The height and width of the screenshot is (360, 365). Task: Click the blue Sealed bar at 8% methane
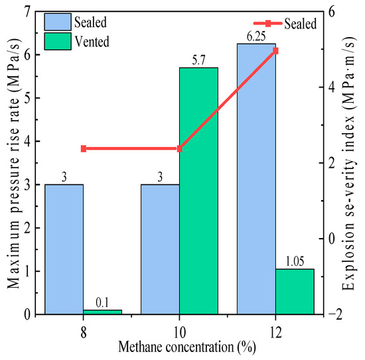pos(64,249)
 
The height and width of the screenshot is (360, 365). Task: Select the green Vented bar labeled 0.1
pos(102,312)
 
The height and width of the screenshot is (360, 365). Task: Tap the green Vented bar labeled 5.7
pos(198,191)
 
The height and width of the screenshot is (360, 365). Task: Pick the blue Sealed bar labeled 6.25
pos(256,179)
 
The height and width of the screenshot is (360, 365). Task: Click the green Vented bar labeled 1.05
pos(295,292)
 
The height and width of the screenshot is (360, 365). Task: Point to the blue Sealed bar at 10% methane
pos(160,249)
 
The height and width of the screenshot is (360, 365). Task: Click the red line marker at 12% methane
pos(275,50)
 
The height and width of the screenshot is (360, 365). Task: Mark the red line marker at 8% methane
pos(84,149)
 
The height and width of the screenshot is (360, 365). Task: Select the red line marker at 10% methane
pos(179,149)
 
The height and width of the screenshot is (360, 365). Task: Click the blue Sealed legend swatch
pos(58,22)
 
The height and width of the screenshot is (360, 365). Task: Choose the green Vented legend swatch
pos(58,41)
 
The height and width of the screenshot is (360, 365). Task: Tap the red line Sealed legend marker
pos(268,23)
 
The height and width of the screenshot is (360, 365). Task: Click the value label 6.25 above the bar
pos(256,36)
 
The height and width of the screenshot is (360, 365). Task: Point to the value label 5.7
pos(198,61)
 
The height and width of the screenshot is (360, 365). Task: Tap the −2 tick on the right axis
pos(335,314)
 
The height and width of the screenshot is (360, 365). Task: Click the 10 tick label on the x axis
pos(179,332)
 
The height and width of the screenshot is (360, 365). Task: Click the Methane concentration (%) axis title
pos(187,347)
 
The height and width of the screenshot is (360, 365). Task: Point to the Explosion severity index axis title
pos(348,164)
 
